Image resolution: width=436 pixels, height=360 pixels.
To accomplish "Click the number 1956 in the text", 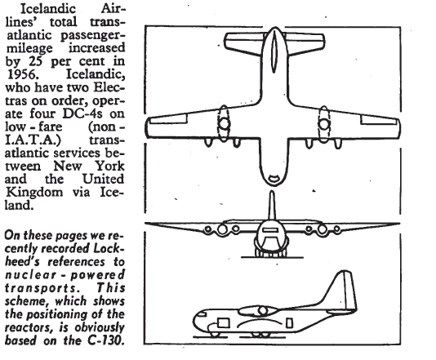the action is [22, 74].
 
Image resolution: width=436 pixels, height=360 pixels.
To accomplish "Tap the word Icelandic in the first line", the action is [48, 8].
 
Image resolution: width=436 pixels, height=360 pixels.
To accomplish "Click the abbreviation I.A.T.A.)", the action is [33, 140].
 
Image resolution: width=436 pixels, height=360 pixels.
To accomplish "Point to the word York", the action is [110, 166].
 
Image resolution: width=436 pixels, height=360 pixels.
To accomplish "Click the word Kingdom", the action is [34, 193].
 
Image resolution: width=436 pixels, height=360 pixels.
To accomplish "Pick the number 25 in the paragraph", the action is [35, 61].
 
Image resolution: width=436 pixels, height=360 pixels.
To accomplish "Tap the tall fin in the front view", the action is [272, 205].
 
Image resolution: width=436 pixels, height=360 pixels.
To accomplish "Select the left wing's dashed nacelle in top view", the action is [224, 123].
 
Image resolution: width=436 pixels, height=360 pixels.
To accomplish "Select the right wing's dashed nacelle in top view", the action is [323, 124].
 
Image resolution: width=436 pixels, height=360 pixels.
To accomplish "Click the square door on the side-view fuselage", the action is [223, 323].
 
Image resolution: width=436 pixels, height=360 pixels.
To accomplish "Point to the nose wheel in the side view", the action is [215, 334].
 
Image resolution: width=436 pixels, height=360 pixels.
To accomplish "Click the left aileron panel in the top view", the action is [168, 118].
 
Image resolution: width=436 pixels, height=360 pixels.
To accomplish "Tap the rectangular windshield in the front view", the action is [270, 230].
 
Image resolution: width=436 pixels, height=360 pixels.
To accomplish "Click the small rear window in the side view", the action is [289, 323].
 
